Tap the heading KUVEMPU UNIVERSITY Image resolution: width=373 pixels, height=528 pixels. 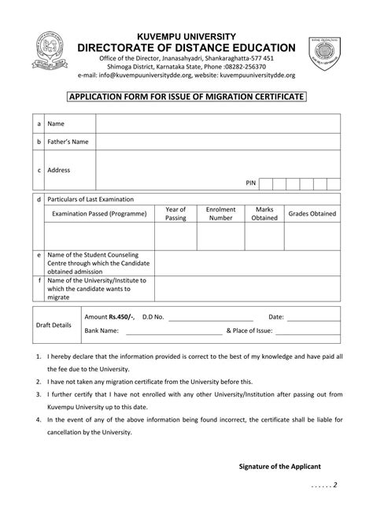click(186, 37)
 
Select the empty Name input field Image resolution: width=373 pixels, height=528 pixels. click(217, 124)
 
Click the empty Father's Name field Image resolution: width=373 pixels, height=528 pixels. click(217, 142)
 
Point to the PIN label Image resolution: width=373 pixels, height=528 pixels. click(251, 183)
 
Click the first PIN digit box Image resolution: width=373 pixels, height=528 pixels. click(267, 183)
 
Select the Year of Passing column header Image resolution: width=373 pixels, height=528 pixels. click(175, 213)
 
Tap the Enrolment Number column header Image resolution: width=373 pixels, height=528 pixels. click(220, 213)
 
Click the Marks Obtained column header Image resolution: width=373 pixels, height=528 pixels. click(264, 213)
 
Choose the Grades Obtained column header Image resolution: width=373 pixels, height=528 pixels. click(312, 213)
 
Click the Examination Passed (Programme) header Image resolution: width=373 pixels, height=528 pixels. click(99, 213)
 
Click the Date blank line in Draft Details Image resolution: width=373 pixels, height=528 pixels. click(312, 317)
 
